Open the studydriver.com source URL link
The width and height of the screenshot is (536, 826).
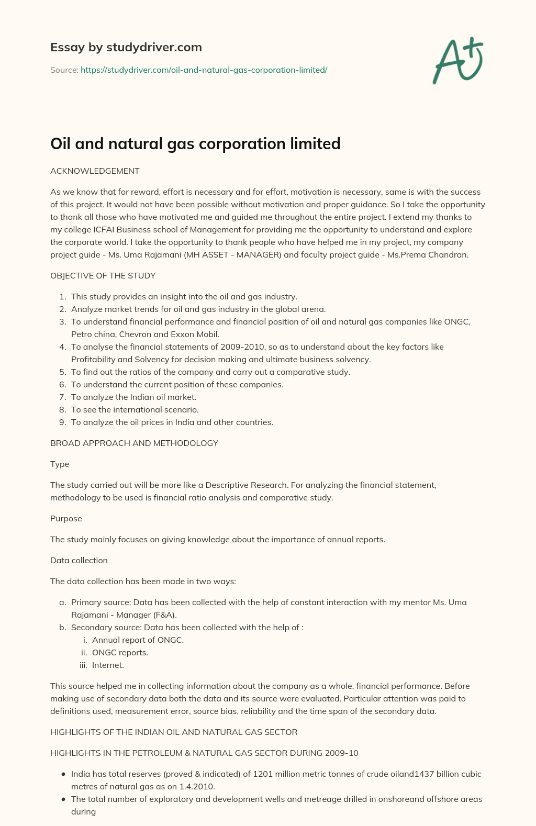pos(204,70)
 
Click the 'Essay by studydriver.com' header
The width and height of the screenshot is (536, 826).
pos(126,47)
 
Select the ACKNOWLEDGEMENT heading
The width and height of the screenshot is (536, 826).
pos(95,171)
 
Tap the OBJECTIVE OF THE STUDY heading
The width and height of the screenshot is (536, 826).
pos(103,275)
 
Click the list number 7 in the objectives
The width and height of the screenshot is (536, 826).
pos(62,397)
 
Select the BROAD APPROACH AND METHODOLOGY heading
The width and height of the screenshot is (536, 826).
pos(134,443)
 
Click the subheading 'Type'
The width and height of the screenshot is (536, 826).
pos(60,464)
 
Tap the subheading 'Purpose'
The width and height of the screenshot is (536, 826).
pos(66,518)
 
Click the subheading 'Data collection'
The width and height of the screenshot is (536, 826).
pos(79,560)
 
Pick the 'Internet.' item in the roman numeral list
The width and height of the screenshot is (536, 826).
pos(108,665)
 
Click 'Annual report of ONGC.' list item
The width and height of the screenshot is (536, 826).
pos(138,640)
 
